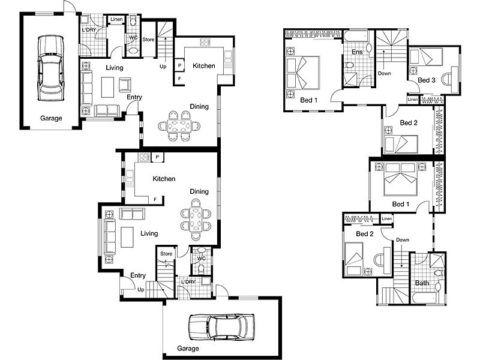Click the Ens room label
coord(357,52)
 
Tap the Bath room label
coord(422,283)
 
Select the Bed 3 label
coord(427,80)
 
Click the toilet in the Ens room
coord(349,65)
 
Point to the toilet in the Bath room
coord(439,273)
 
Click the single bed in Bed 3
coord(426,57)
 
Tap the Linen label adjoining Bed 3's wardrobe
coord(413,100)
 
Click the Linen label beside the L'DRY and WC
coord(116,19)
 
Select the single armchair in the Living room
coord(125,85)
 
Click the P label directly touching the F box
coord(179,65)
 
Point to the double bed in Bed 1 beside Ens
coord(303,73)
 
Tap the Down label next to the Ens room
coord(385,73)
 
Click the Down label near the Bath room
coord(403,239)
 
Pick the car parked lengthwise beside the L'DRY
coord(51,68)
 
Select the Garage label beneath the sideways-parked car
coord(188,349)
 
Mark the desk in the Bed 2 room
coord(387,260)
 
